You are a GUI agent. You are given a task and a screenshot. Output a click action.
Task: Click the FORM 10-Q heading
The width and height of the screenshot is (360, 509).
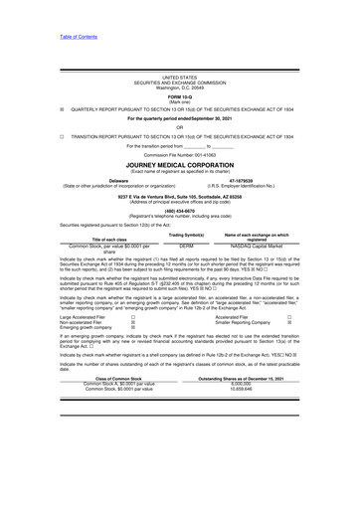tap(180, 94)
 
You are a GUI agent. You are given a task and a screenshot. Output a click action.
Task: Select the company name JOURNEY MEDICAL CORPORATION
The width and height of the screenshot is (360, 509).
tap(180, 166)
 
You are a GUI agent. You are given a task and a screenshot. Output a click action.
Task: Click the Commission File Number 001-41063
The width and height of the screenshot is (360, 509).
tap(180, 157)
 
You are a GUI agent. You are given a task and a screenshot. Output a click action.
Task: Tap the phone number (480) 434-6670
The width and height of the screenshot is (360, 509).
tap(180, 210)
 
